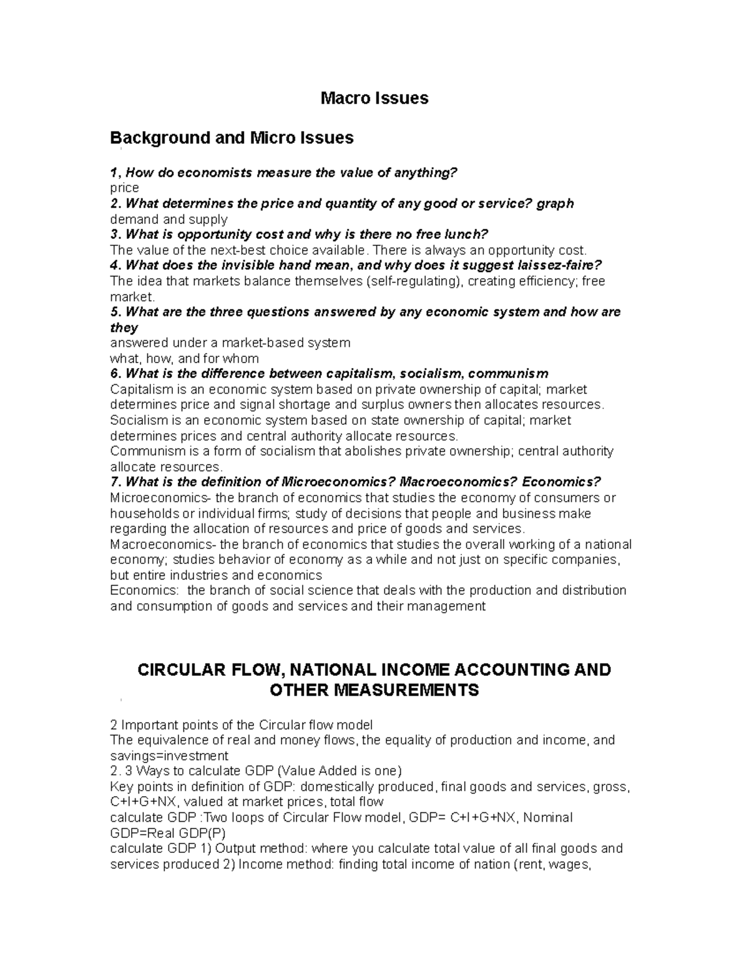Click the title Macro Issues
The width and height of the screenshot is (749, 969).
(374, 98)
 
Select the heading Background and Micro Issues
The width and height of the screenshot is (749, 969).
(232, 137)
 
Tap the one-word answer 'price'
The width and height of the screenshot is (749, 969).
(124, 188)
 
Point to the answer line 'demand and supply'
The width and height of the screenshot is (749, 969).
(169, 219)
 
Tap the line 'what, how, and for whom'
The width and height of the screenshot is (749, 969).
(184, 358)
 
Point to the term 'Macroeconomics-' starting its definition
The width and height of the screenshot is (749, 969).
(160, 544)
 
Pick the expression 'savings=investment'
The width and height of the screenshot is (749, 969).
(169, 756)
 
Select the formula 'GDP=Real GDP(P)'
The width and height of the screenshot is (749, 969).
(167, 833)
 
